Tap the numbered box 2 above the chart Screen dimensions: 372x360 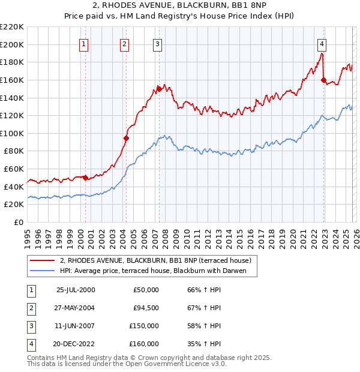click(124, 43)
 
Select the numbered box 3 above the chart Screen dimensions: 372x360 click(157, 43)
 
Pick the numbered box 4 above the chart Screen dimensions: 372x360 click(322, 43)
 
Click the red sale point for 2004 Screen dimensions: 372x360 click(127, 138)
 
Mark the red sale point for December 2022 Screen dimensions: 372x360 click(323, 80)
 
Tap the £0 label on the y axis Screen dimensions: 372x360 click(18, 222)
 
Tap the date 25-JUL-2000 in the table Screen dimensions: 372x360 click(75, 290)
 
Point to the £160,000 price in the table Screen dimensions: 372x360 click(144, 344)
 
